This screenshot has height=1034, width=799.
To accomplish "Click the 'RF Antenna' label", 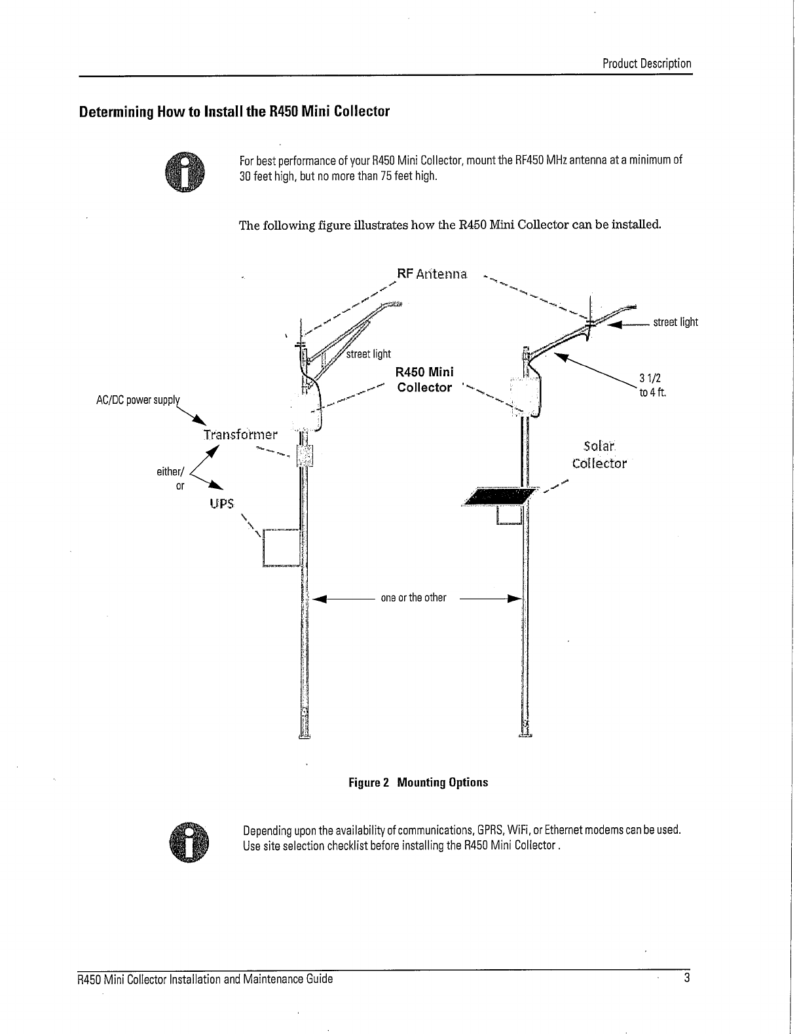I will click(x=432, y=274).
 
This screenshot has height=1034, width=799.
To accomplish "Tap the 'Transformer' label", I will click(x=240, y=435).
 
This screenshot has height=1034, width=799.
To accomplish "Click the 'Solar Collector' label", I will click(x=599, y=455).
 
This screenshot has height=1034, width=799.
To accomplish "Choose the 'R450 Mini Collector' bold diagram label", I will click(x=424, y=380).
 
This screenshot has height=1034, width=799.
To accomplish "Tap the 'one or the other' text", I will click(x=413, y=597).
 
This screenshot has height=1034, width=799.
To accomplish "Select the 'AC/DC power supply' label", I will click(x=136, y=401).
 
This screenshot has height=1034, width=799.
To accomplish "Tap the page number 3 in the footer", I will click(x=687, y=978).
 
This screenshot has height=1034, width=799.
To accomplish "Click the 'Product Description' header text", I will click(x=646, y=63).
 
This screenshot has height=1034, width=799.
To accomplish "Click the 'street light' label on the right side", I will click(x=675, y=322).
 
